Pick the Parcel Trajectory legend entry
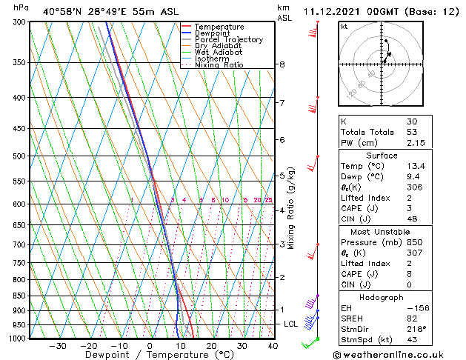click(228, 40)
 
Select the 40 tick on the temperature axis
click(273, 346)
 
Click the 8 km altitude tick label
click(282, 64)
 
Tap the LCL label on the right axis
click(291, 324)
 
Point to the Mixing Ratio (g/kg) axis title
click(291, 208)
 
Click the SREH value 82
click(412, 318)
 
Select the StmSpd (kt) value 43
click(412, 340)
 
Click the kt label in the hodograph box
click(344, 26)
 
